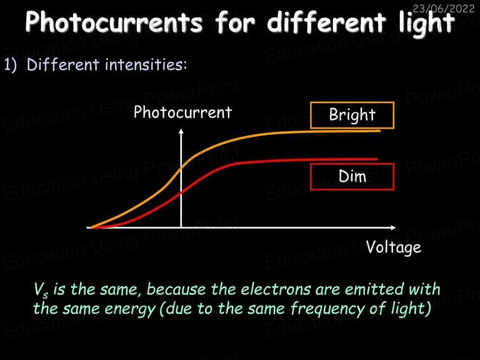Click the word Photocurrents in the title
pyautogui.click(x=114, y=22)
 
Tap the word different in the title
pyautogui.click(x=326, y=21)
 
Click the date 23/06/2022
pyautogui.click(x=443, y=8)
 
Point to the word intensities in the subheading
pyautogui.click(x=146, y=64)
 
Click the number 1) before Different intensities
pyautogui.click(x=11, y=65)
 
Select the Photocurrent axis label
pyautogui.click(x=182, y=112)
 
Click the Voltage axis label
pyautogui.click(x=393, y=247)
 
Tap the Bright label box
pyautogui.click(x=352, y=115)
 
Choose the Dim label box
pyautogui.click(x=352, y=177)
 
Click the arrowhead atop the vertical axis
pyautogui.click(x=181, y=131)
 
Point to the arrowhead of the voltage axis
pyautogui.click(x=393, y=227)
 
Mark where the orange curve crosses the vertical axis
pyautogui.click(x=181, y=167)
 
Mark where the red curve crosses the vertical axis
pyautogui.click(x=181, y=192)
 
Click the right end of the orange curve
pyautogui.click(x=380, y=131)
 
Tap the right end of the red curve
pyautogui.click(x=377, y=159)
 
